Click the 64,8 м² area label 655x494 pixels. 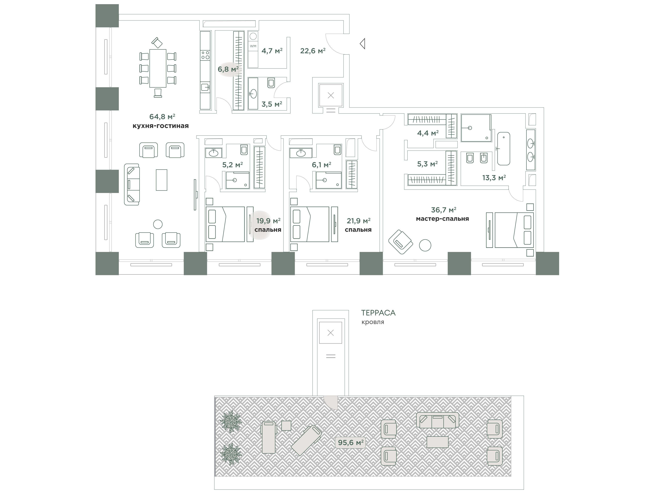pyautogui.click(x=162, y=116)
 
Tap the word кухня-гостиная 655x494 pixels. pyautogui.click(x=160, y=126)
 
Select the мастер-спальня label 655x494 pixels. pyautogui.click(x=442, y=219)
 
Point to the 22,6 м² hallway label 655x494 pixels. pyautogui.click(x=313, y=51)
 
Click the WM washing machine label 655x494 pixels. pyautogui.click(x=253, y=46)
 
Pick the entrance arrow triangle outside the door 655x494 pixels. pyautogui.click(x=362, y=44)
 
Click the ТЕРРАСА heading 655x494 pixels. pyautogui.click(x=378, y=313)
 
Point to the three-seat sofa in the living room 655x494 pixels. pyautogui.click(x=132, y=184)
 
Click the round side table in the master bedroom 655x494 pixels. pyautogui.click(x=425, y=245)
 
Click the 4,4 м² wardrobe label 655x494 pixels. pyautogui.click(x=428, y=133)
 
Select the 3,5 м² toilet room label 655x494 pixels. pyautogui.click(x=272, y=104)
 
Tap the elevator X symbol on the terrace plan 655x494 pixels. pyautogui.click(x=331, y=333)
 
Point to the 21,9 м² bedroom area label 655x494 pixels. pyautogui.click(x=359, y=221)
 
